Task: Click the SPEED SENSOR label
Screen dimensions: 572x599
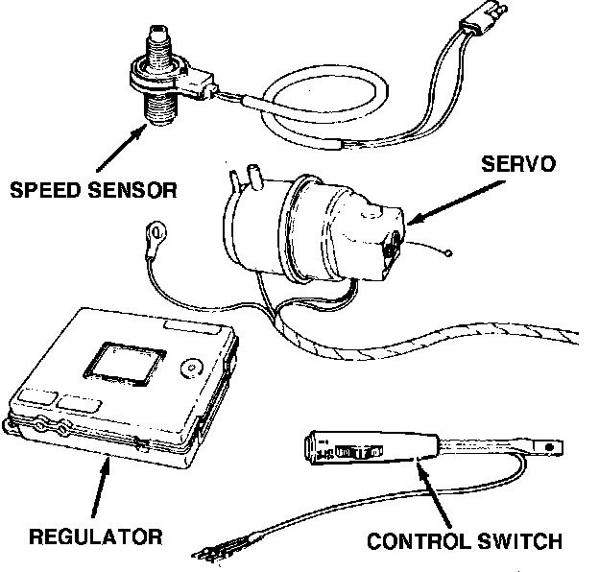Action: tap(94, 188)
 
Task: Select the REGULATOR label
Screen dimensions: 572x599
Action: tap(96, 534)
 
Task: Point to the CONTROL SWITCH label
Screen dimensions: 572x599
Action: tap(465, 542)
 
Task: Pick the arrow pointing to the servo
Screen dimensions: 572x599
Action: tap(443, 204)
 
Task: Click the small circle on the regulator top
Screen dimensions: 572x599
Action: tap(189, 368)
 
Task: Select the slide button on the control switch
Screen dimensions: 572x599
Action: tap(363, 449)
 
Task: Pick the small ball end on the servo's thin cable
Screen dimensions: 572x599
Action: tap(449, 253)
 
